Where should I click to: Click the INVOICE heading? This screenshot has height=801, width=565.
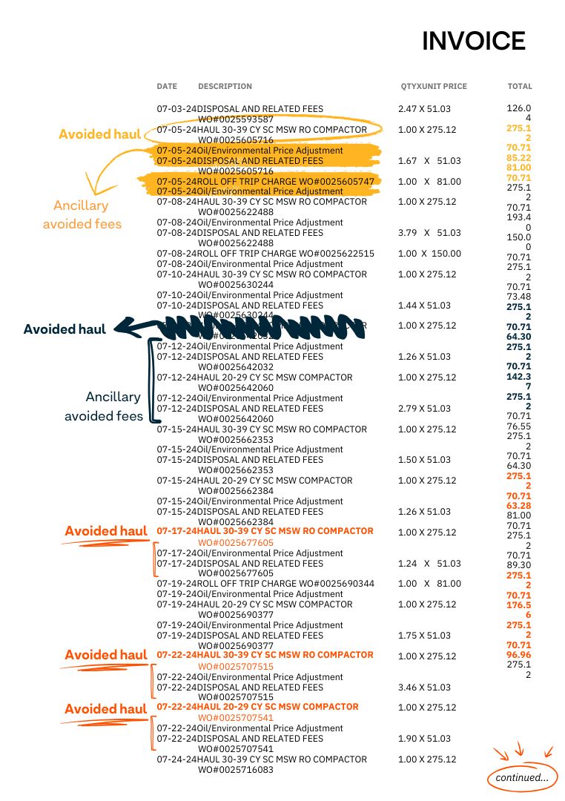[x=473, y=42]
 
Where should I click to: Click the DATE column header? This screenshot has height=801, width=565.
[x=167, y=87]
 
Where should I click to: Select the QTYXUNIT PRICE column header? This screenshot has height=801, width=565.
[x=434, y=87]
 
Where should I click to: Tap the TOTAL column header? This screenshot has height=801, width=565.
[x=519, y=87]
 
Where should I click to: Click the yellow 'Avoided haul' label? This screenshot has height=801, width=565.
[x=99, y=134]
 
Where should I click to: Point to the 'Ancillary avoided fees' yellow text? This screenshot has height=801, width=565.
[x=81, y=214]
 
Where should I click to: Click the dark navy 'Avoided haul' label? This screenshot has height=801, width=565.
[x=65, y=329]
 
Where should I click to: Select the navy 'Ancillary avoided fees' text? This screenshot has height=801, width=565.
[x=104, y=406]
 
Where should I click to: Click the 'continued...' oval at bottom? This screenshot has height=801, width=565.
[x=522, y=778]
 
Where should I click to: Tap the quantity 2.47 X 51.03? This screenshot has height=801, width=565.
[x=424, y=109]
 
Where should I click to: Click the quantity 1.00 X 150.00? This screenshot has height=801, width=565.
[x=429, y=254]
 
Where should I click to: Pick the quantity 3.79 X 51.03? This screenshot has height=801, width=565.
[x=424, y=233]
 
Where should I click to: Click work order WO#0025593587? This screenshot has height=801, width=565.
[x=236, y=119]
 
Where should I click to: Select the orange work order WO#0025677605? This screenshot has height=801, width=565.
[x=236, y=543]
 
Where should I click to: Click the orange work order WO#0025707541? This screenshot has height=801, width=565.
[x=236, y=718]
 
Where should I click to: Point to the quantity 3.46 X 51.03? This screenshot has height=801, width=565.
[x=424, y=688]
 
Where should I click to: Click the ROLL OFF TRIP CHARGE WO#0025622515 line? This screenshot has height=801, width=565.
[x=265, y=254]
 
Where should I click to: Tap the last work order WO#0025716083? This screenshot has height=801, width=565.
[x=236, y=770]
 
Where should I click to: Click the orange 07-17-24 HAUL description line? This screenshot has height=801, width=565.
[x=265, y=532]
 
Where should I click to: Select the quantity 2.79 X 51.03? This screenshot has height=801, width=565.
[x=424, y=409]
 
